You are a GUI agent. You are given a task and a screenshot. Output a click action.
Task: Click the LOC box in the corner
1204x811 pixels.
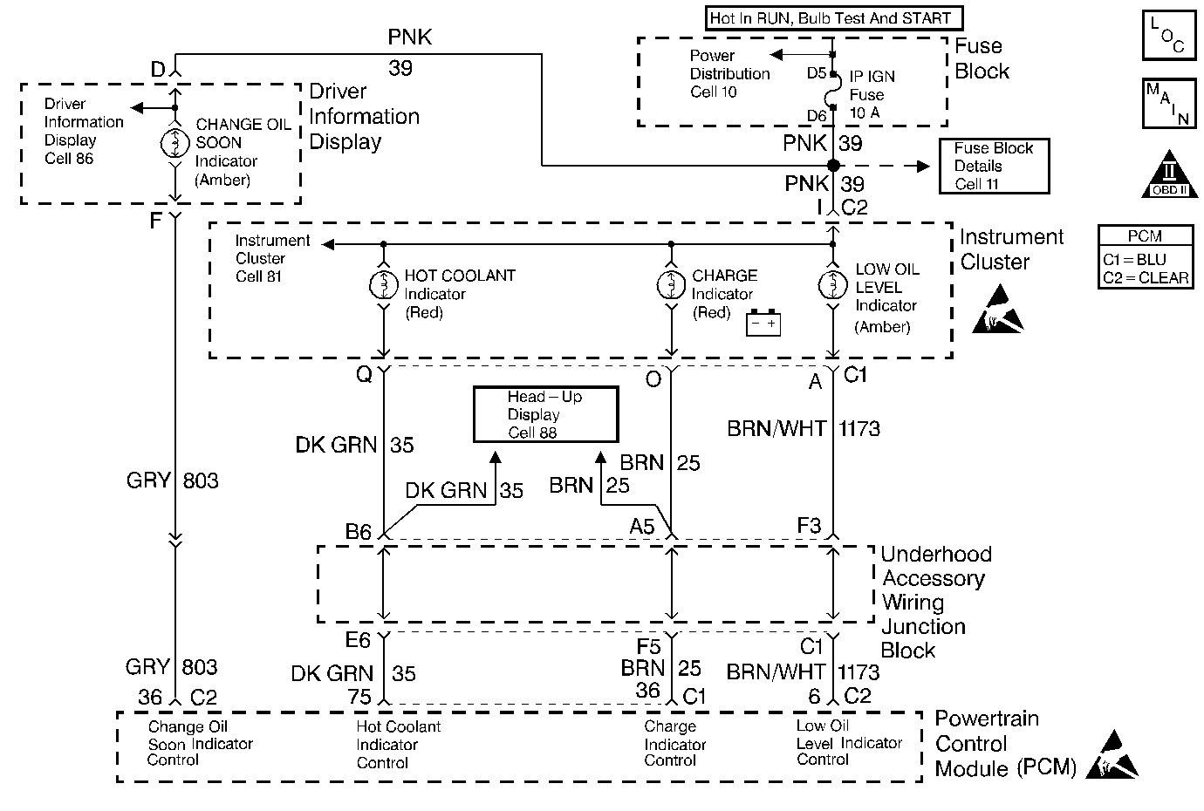pyautogui.click(x=1166, y=36)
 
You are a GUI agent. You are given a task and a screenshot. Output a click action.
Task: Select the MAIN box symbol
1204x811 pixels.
pyautogui.click(x=1167, y=104)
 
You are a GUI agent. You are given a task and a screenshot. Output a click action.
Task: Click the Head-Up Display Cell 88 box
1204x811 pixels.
pyautogui.click(x=545, y=415)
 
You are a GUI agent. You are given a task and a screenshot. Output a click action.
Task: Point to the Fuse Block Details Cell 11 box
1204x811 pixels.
pyautogui.click(x=994, y=166)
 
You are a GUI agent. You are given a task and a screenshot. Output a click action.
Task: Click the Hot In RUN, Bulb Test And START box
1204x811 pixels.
pyautogui.click(x=831, y=17)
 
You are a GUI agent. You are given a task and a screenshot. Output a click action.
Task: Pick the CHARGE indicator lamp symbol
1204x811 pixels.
pyautogui.click(x=671, y=285)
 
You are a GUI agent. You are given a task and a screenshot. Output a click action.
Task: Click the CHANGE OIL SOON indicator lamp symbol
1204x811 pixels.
pyautogui.click(x=174, y=142)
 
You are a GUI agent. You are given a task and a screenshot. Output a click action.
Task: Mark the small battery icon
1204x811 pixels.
pyautogui.click(x=763, y=324)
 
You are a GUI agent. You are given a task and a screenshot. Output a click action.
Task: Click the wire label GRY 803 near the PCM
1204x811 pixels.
pyautogui.click(x=172, y=667)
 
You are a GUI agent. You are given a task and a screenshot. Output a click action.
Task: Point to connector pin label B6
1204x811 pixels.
pyautogui.click(x=358, y=532)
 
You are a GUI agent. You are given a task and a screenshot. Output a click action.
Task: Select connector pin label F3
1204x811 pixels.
pyautogui.click(x=809, y=526)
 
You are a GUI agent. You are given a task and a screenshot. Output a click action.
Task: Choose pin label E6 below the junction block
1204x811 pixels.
pyautogui.click(x=358, y=640)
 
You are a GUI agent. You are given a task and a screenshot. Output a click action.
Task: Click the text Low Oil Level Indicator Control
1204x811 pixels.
pyautogui.click(x=848, y=742)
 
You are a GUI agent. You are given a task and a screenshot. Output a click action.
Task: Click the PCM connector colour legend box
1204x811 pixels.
pyautogui.click(x=1146, y=258)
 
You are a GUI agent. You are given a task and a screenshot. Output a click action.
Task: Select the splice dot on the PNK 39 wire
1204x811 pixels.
pyautogui.click(x=833, y=165)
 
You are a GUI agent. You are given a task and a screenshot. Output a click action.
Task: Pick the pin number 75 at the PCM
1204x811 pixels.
pyautogui.click(x=359, y=696)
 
